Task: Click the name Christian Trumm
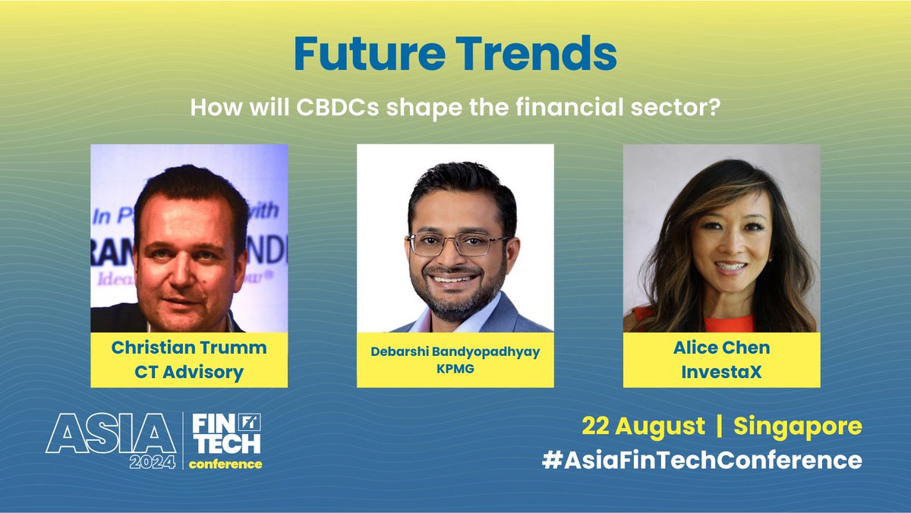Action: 188,348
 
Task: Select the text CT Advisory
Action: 188,372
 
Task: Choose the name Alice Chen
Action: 721,348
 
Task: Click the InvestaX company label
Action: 721,372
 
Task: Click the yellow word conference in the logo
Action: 225,464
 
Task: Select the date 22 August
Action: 642,426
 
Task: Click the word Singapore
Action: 797,426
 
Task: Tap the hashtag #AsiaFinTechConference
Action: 702,460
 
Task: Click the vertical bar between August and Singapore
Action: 718,426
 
